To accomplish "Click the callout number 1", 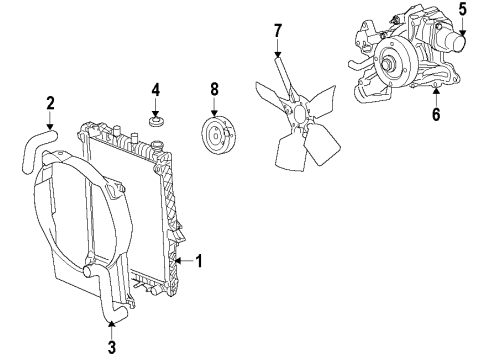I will pos(200,263).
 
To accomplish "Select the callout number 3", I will pos(112,348).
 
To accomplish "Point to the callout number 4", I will pos(155,91).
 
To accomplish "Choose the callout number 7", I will pos(279,32).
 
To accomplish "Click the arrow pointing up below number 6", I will pos(437,96).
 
